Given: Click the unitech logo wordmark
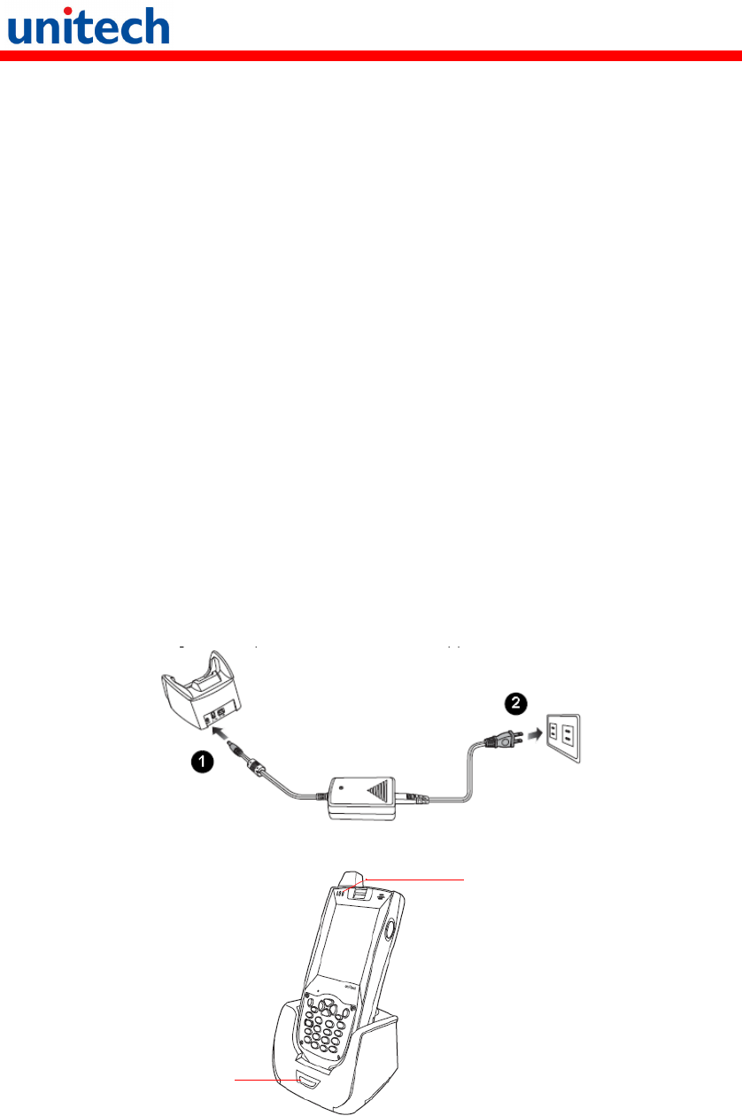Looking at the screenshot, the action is tap(88, 27).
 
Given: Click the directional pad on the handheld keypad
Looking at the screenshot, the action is tap(327, 1007).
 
